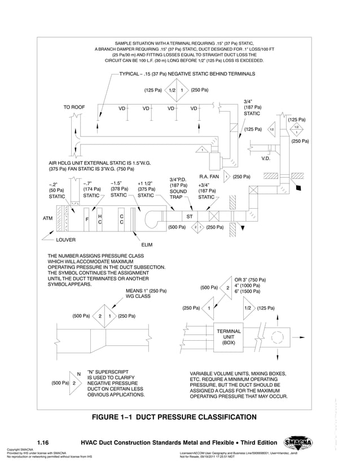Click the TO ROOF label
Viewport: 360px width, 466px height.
pyautogui.click(x=74, y=107)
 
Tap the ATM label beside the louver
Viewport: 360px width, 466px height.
pyautogui.click(x=48, y=217)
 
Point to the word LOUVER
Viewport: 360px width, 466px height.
pyautogui.click(x=65, y=240)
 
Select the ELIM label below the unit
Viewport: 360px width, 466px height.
pyautogui.click(x=147, y=245)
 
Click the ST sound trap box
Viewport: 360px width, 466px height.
pyautogui.click(x=190, y=216)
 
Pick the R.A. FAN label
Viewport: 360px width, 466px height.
pyautogui.click(x=209, y=177)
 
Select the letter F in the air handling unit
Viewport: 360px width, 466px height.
pyautogui.click(x=87, y=219)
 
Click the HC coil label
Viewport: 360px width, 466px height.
pyautogui.click(x=100, y=219)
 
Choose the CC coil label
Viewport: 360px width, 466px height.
pyautogui.click(x=121, y=219)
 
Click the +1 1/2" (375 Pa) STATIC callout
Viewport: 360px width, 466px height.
pyautogui.click(x=146, y=190)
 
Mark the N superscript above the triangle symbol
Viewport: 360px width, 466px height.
pyautogui.click(x=78, y=373)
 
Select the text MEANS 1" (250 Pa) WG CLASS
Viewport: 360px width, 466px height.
pyautogui.click(x=146, y=293)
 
